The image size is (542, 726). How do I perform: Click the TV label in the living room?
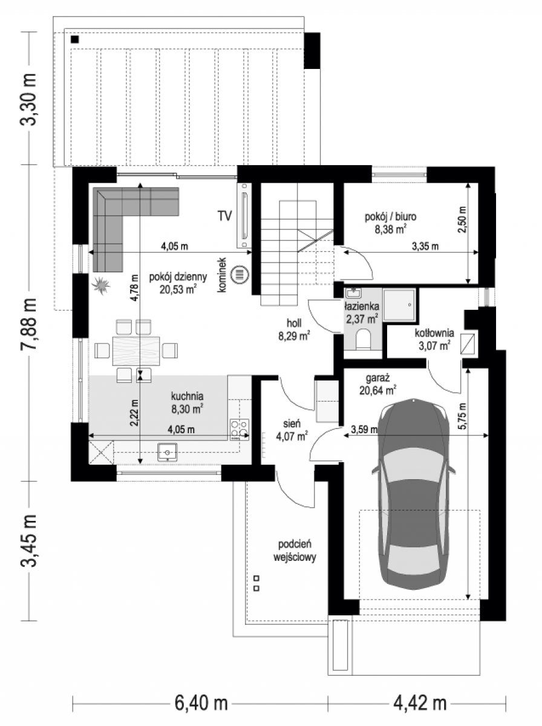(224, 215)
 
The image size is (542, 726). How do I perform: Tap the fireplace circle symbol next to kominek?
(240, 274)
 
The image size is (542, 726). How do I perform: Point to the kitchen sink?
(168, 453)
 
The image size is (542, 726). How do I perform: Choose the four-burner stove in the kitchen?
(240, 430)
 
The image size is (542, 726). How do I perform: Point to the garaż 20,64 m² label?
(378, 384)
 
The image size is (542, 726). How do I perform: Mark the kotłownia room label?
(434, 339)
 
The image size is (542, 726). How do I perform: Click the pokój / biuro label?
(391, 223)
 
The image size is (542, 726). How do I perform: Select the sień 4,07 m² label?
(292, 430)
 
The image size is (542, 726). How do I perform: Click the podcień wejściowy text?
(295, 551)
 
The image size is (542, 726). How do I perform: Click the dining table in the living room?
(136, 350)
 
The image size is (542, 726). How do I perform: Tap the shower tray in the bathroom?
(399, 305)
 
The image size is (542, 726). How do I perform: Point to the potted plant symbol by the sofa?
(101, 285)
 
